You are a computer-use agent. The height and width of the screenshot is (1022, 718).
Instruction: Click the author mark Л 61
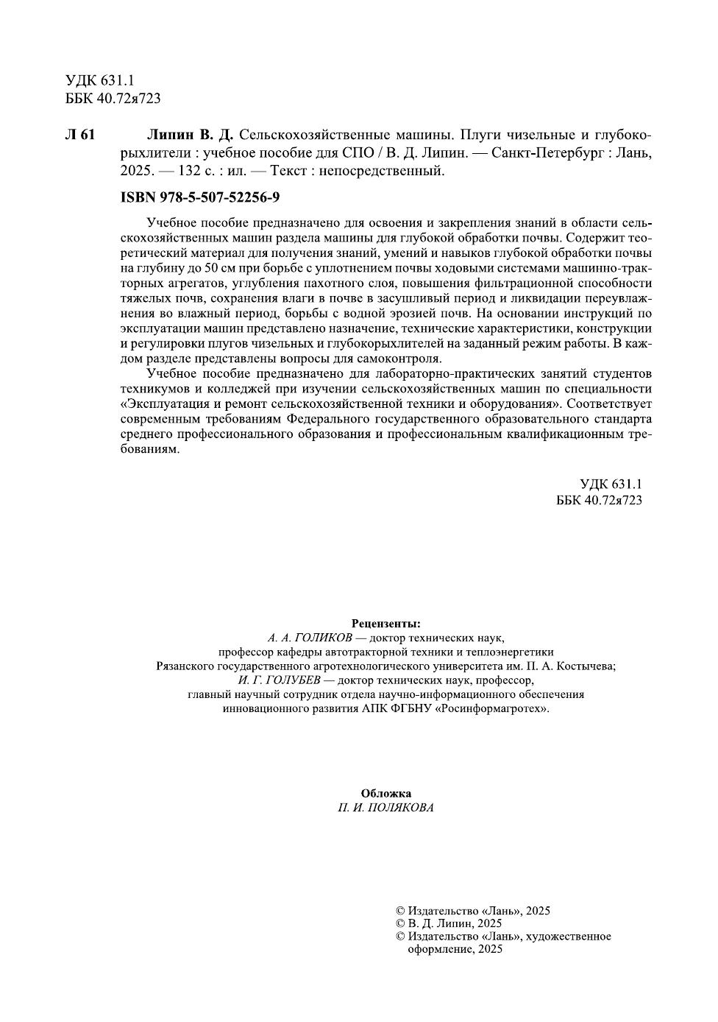[x=80, y=135]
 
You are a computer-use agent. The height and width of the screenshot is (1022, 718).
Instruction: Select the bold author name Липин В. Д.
[x=190, y=135]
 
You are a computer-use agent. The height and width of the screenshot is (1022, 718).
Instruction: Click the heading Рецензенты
[x=386, y=624]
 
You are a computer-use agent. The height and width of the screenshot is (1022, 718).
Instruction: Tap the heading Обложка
[x=386, y=793]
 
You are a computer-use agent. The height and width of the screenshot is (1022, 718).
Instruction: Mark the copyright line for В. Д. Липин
[x=449, y=923]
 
